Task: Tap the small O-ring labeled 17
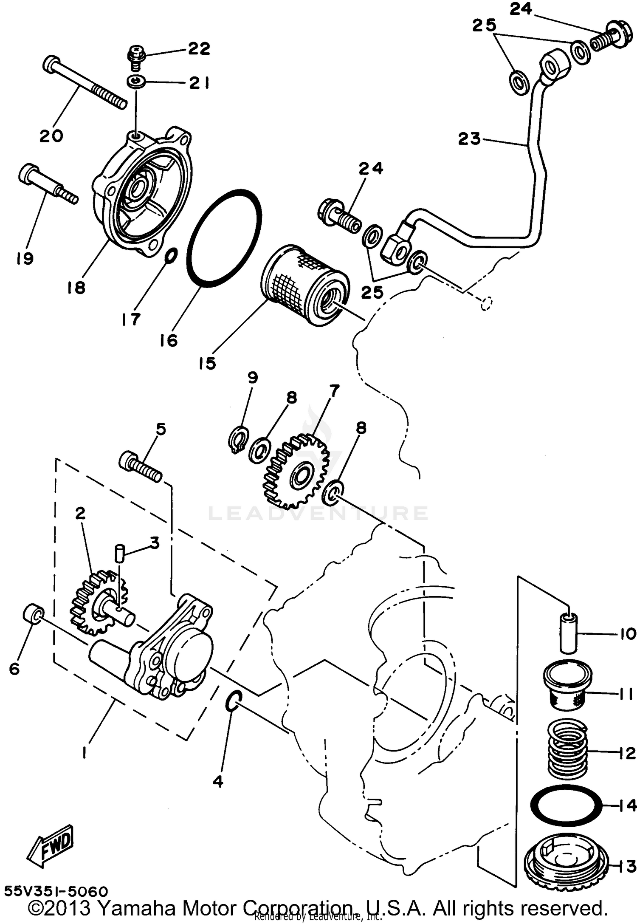click(171, 256)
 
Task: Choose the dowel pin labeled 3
click(120, 554)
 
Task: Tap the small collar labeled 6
click(33, 615)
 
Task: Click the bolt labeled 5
click(141, 467)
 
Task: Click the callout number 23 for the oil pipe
click(469, 138)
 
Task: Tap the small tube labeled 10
click(568, 633)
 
